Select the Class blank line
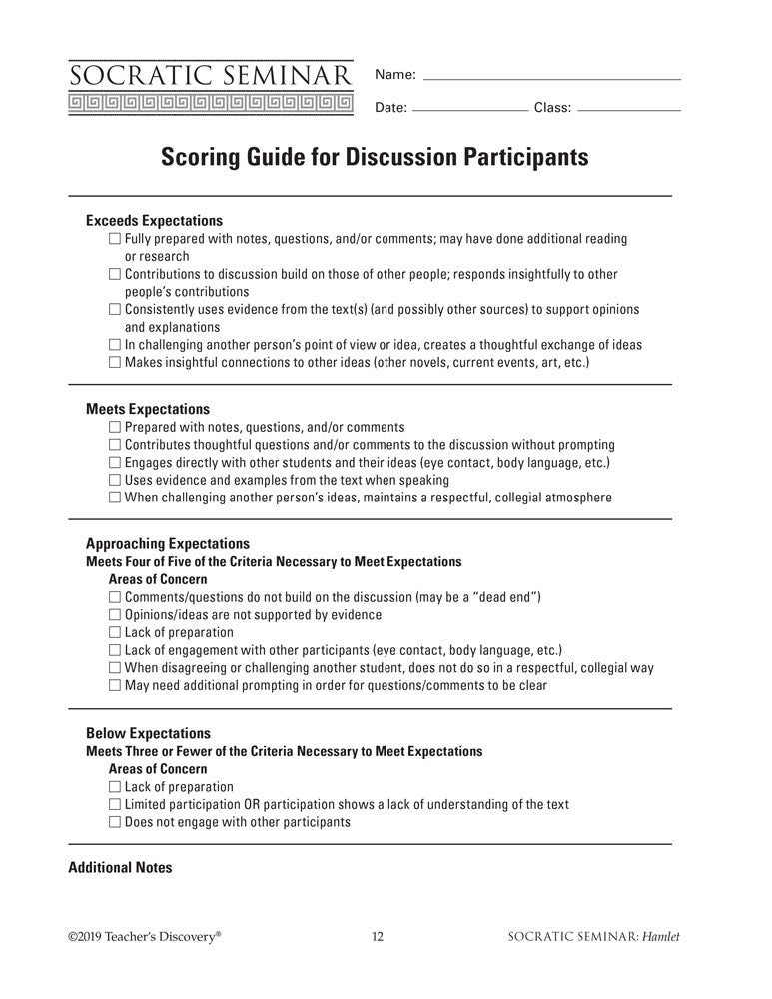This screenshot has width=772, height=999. point(630,109)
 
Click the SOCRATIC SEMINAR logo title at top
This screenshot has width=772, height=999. point(211,75)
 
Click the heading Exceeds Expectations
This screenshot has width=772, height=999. point(154,221)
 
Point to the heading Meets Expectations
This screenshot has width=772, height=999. point(148,409)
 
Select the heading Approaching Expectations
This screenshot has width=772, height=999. point(168,544)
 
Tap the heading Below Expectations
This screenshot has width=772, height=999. point(148,733)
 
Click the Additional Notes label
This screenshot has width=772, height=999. point(120,868)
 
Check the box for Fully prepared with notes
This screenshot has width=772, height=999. point(114,239)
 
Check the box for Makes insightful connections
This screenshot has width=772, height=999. point(114,362)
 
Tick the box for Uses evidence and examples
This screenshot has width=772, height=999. point(114,480)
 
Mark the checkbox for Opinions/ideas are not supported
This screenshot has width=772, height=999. point(114,615)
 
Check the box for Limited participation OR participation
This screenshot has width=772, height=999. point(114,805)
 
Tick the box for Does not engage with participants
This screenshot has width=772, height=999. point(114,823)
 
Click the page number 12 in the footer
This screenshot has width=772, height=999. point(378,937)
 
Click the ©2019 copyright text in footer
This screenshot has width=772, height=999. point(145,937)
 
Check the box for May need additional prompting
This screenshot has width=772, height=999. point(114,686)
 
